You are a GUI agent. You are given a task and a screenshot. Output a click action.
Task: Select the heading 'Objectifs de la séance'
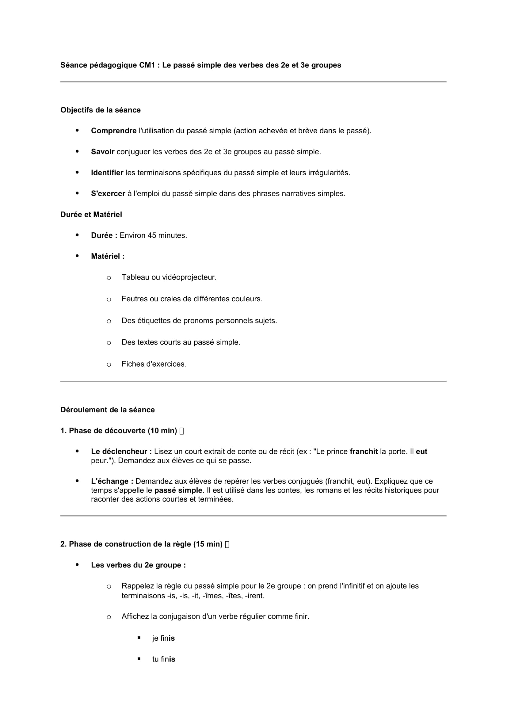[101, 110]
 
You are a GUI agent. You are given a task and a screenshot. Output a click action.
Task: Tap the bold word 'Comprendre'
[114, 131]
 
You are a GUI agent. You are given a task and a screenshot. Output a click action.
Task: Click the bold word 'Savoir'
[103, 152]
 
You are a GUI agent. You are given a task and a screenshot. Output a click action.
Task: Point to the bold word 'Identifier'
[107, 173]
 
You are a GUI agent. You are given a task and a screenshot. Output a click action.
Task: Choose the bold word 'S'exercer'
[108, 194]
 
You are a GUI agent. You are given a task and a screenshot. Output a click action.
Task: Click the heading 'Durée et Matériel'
[91, 215]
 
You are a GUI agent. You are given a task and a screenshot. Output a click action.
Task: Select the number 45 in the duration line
[152, 235]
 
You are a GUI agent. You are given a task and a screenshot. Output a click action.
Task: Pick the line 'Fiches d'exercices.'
[154, 364]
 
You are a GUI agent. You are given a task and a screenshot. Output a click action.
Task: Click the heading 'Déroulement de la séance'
[107, 410]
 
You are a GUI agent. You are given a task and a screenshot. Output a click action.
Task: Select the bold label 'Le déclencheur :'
[121, 452]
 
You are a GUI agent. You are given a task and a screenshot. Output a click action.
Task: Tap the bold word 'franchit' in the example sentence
[364, 452]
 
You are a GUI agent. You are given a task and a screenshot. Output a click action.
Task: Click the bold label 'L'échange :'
[112, 481]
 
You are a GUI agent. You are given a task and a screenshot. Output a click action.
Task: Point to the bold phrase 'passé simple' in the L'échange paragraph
[178, 490]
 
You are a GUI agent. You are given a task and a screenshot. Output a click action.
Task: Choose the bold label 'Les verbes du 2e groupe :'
[138, 565]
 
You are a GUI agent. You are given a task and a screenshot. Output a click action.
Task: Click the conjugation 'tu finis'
[164, 659]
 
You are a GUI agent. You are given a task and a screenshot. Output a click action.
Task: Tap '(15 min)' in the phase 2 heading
[208, 544]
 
